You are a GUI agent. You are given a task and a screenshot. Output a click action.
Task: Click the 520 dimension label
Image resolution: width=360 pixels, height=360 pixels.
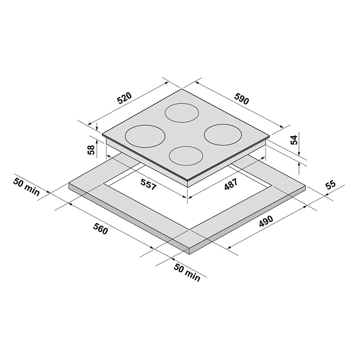[124, 98]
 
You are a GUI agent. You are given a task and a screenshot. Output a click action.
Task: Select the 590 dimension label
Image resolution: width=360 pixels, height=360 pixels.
[242, 98]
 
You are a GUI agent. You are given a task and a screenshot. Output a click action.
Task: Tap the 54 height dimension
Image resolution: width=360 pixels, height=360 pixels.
[294, 140]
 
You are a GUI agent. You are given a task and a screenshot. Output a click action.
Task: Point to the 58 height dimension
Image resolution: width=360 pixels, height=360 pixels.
[91, 150]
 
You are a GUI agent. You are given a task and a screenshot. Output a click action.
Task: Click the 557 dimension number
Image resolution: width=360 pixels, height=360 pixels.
[149, 184]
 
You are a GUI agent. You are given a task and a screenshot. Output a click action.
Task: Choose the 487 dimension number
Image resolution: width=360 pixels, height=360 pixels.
[231, 184]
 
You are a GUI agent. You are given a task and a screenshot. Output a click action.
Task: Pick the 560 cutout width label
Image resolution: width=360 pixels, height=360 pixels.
[101, 229]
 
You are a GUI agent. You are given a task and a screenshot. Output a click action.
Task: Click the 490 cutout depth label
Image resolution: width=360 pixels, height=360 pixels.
[266, 221]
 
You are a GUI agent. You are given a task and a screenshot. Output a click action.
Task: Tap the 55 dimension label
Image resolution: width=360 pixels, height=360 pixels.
[331, 184]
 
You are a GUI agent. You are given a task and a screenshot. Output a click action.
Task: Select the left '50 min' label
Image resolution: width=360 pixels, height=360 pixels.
[26, 187]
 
